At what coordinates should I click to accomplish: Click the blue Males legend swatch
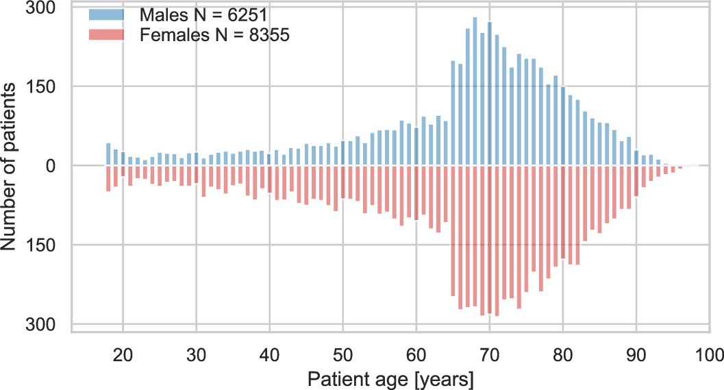(x=107, y=14)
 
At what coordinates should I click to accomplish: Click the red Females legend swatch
(x=107, y=36)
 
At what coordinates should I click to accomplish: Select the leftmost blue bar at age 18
(x=108, y=154)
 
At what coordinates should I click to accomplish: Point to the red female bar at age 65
(x=453, y=230)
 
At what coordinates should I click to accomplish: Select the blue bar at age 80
(x=563, y=126)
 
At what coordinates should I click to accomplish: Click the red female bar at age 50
(x=343, y=182)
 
